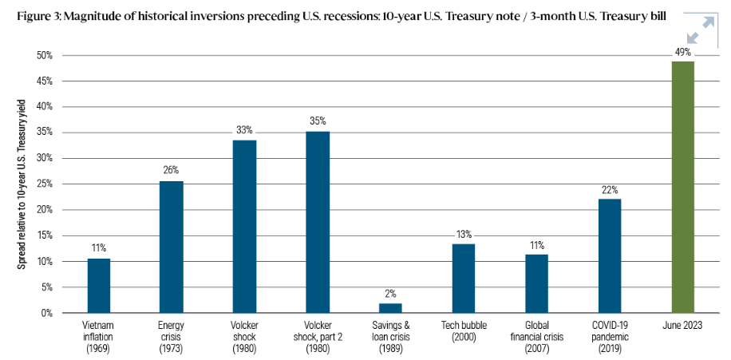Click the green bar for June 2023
682,187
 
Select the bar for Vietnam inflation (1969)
99,286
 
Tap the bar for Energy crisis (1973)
172,247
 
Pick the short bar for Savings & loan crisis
390,308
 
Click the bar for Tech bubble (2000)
464,279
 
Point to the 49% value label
682,52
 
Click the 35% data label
318,121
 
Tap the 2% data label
390,294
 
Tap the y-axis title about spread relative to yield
22,184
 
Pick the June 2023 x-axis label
682,326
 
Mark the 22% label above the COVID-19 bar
610,190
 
